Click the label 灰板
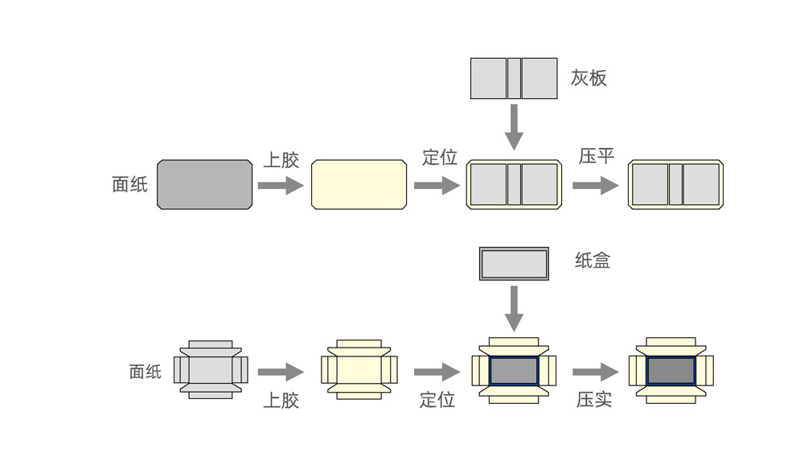pos(589,78)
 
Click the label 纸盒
pos(593,261)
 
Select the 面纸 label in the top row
pos(130,184)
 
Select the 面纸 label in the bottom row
pos(146,372)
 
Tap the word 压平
pos(597,156)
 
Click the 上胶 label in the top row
pos(281,159)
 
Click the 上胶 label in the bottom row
pos(281,400)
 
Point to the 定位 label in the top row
pos(439,157)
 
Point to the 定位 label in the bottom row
pos(437,399)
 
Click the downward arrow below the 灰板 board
pos(514,127)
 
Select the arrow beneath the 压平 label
pos(596,186)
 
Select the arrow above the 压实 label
pos(596,372)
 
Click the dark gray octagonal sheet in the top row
pos(204,184)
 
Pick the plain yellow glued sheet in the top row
pos(359,184)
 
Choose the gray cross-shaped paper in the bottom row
pos(211,369)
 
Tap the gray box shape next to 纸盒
pos(514,263)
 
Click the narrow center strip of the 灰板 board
pos(514,78)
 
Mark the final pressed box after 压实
pos(671,369)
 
